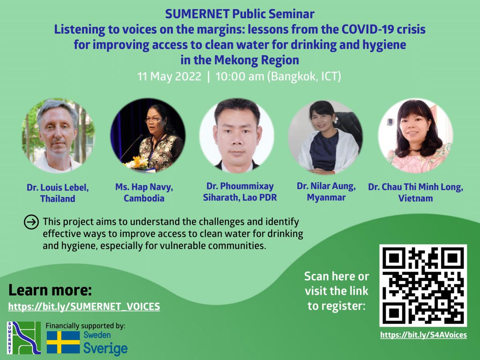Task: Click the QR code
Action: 423,286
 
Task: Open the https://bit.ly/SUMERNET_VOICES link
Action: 84,306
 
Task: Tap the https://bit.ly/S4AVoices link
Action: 424,335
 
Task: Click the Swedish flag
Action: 64,342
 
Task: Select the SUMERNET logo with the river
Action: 24,338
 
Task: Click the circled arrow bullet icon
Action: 31,222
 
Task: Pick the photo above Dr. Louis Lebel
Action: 58,136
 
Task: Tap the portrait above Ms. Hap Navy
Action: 148,136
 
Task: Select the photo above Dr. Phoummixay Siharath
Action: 237,136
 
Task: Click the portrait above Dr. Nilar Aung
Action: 325,137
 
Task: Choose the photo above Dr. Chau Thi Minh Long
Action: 416,136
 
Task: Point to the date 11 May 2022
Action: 169,76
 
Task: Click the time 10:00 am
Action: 240,76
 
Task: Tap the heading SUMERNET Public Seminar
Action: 240,14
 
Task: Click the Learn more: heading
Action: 50,290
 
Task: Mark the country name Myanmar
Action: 326,197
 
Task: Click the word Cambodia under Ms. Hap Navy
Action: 144,198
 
